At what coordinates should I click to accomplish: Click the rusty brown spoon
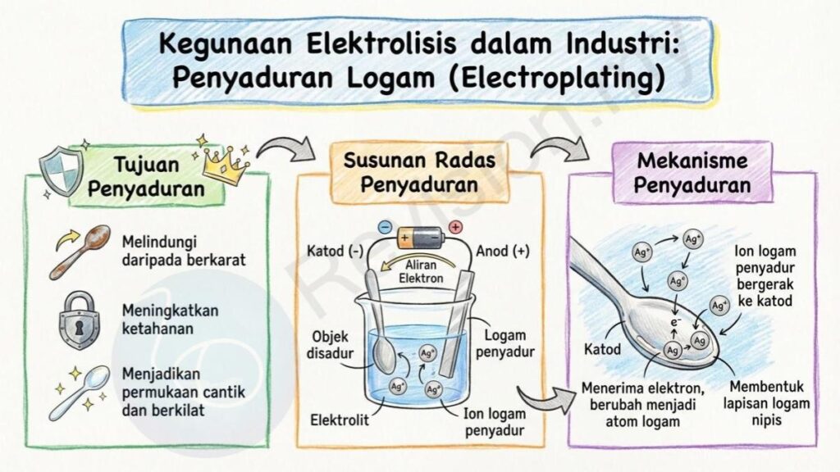coord(80,252)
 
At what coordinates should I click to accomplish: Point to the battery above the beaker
coord(421,237)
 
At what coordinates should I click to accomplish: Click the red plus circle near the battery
coord(454,228)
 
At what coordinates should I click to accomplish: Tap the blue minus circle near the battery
coord(386,228)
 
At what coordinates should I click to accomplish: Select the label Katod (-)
coord(335,251)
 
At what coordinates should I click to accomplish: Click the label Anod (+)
coord(503,251)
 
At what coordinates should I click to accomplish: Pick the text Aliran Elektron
coord(421,271)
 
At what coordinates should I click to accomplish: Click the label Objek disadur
coord(330,345)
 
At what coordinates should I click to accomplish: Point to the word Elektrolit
coord(340,420)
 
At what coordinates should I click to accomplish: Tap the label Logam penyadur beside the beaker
coord(505,343)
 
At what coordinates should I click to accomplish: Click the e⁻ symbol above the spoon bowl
coord(676,322)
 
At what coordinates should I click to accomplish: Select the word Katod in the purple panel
coord(603,349)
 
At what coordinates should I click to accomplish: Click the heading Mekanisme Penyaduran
coord(692,172)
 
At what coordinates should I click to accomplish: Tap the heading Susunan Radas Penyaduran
coord(419,172)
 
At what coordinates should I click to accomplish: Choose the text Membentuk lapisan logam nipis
coord(767,403)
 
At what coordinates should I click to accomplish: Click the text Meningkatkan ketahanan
coord(171,319)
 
